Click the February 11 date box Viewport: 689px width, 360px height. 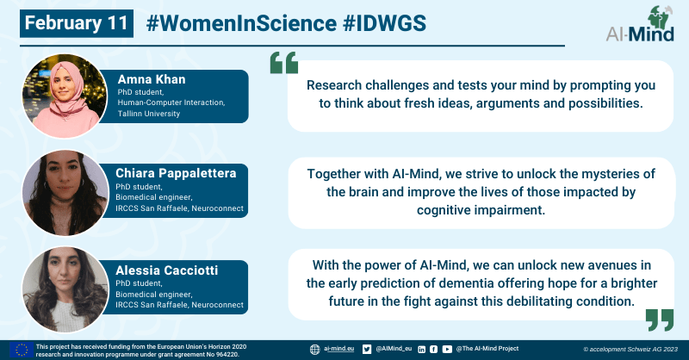77,23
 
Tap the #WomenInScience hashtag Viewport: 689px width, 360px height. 241,23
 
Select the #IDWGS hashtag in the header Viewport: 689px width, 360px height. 384,23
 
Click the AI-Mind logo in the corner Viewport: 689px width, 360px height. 640,24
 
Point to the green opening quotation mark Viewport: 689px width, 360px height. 284,62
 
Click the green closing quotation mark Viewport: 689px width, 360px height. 660,320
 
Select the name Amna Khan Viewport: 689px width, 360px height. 152,79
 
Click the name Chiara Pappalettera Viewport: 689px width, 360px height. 176,173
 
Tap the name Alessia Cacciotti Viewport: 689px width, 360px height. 166,270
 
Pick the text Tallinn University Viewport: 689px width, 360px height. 148,114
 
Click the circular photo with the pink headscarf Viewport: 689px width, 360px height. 65,96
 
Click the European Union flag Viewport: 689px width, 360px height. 22,351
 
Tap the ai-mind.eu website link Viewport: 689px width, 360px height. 338,349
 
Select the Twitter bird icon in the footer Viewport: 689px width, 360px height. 367,349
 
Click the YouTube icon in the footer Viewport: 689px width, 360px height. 447,349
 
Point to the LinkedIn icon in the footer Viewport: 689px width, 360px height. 421,350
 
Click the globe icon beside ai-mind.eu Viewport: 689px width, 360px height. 314,350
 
